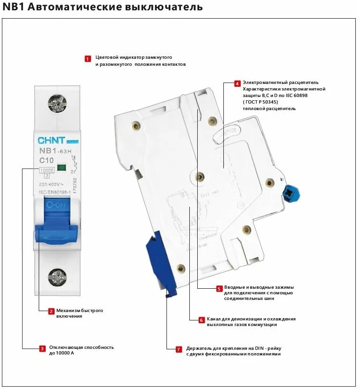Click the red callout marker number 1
coord(88,59)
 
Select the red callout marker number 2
coord(51,311)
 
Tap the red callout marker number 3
coord(42,348)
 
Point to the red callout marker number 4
coord(237,84)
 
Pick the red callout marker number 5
coord(219,289)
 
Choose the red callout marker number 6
coord(201,320)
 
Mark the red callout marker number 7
coord(178,349)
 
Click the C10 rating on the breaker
coord(47,161)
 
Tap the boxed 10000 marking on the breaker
coord(46,170)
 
